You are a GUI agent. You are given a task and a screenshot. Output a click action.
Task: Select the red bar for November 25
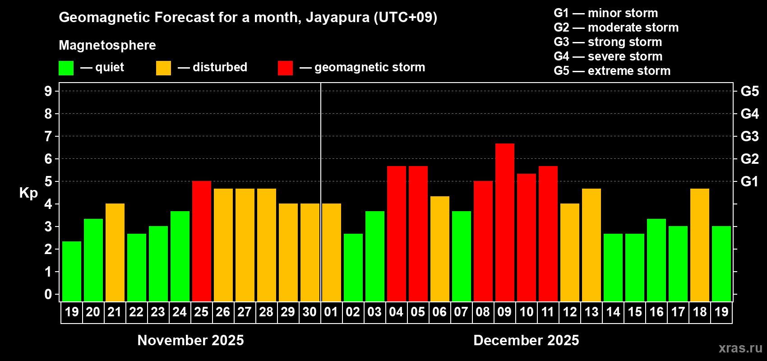coord(201,241)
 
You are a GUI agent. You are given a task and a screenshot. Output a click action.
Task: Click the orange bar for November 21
coord(115,253)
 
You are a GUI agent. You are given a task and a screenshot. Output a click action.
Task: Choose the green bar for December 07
coord(461,256)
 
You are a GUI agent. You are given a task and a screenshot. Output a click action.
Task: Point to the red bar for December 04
coord(396,234)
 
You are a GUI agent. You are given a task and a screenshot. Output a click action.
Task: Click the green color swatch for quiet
coord(66,68)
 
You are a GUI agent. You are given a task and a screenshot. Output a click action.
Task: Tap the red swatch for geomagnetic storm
coord(285,68)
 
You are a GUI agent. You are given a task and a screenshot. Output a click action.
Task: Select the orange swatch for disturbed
coord(163,68)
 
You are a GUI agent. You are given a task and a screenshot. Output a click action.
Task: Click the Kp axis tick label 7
coord(48,136)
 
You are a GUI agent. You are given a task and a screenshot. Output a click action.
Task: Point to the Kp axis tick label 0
coord(48,295)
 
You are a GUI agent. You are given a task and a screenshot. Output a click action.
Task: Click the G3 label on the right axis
coord(749,136)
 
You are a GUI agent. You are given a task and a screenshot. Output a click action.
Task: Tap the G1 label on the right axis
coord(749,181)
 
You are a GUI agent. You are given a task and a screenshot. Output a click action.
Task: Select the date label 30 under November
coord(310,312)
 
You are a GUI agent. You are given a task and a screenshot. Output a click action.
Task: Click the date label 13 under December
coord(591,312)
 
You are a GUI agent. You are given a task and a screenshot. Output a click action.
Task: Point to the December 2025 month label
coord(526,340)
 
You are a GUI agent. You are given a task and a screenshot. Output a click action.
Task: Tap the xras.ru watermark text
coord(740,348)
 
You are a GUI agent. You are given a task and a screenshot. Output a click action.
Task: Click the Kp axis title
coord(28,193)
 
